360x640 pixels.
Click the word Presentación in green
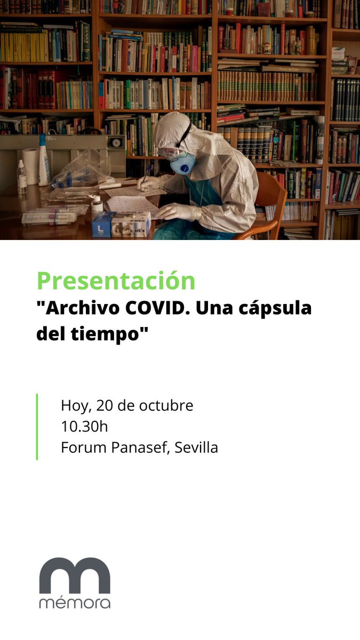[x=116, y=281]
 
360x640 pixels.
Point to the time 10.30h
[x=84, y=427]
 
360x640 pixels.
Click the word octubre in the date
[x=166, y=405]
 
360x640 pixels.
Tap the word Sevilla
[x=196, y=447]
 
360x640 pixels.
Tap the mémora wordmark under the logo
[x=75, y=603]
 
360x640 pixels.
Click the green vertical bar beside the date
[x=37, y=427]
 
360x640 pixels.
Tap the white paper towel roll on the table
[x=31, y=166]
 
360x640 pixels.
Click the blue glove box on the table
[x=104, y=225]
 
